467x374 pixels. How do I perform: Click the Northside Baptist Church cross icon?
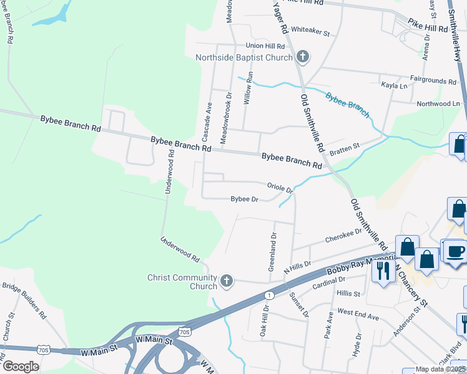click(x=303, y=58)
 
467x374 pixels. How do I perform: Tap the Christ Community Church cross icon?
click(x=227, y=282)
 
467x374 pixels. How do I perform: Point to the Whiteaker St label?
click(x=310, y=30)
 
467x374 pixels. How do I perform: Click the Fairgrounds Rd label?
click(x=433, y=81)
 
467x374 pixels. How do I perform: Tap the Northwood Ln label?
click(x=438, y=103)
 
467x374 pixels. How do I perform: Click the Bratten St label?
click(x=345, y=148)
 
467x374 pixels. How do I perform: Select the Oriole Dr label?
click(x=280, y=187)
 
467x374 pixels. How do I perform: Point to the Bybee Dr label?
click(x=245, y=199)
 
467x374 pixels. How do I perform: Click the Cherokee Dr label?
click(x=343, y=236)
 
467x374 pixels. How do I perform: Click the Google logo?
click(x=21, y=367)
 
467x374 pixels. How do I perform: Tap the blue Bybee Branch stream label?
click(x=348, y=105)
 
